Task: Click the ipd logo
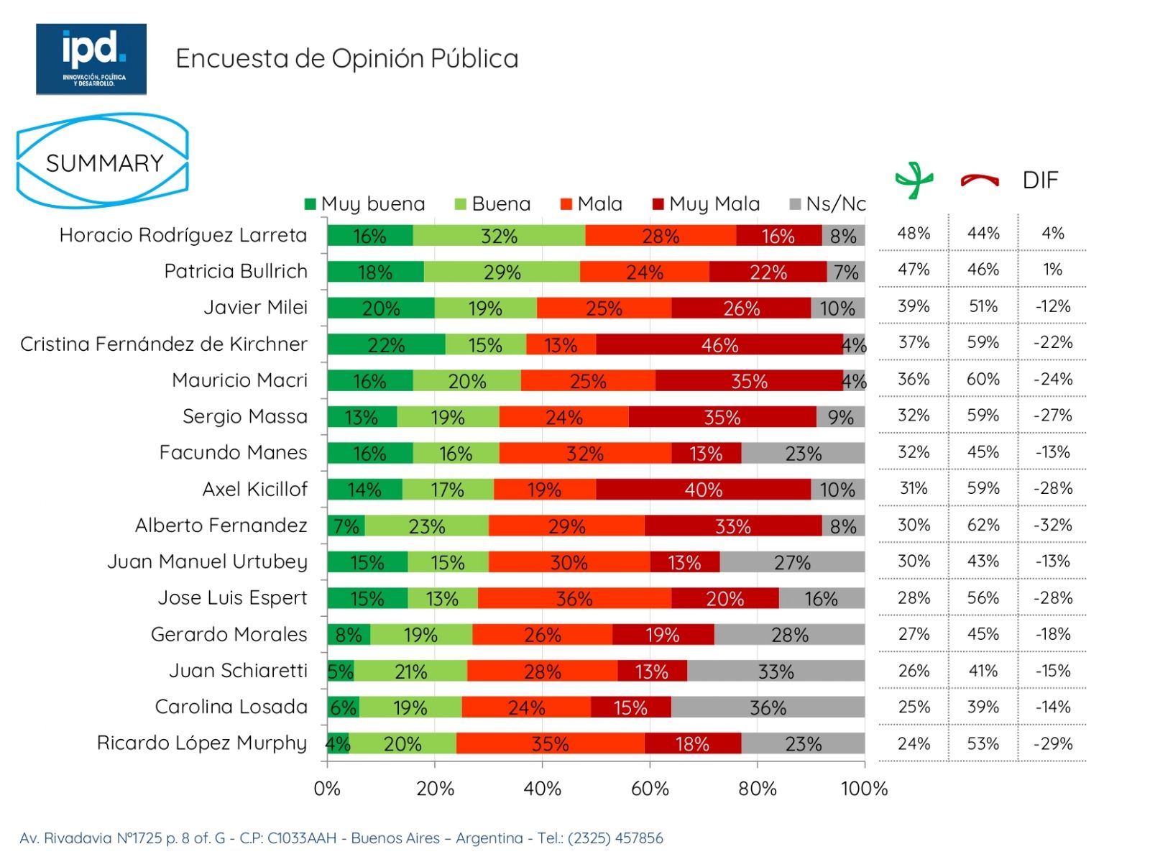point(91,59)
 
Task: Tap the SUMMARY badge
point(103,162)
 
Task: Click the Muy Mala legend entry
point(706,204)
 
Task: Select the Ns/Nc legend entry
point(827,204)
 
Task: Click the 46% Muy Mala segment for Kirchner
point(719,344)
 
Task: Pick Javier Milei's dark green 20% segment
point(380,308)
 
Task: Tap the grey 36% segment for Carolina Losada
point(768,707)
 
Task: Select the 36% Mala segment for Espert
point(574,598)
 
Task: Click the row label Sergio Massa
point(244,416)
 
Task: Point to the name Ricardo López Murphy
point(202,743)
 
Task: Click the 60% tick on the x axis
point(650,789)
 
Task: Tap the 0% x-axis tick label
point(327,789)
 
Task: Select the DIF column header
point(1040,180)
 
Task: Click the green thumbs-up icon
point(914,180)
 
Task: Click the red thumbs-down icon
point(980,180)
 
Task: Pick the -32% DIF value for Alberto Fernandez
point(1053,525)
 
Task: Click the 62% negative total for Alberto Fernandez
point(983,525)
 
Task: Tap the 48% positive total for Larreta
point(914,233)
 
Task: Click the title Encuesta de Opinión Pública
point(347,58)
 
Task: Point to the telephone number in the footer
point(615,838)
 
